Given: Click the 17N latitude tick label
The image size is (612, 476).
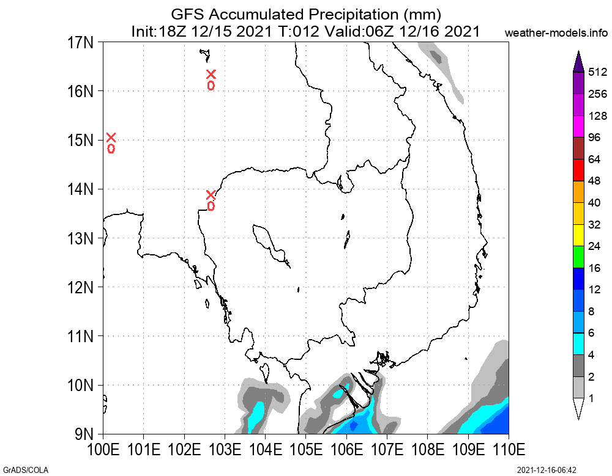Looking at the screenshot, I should (80, 43).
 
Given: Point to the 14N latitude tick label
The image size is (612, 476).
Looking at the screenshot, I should (80, 189).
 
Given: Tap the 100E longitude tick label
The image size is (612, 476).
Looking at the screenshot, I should (103, 450).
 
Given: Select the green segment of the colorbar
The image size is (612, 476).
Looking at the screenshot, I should (578, 257).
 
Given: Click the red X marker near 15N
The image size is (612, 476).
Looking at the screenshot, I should (111, 137).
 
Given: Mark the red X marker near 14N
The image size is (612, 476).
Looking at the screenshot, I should (211, 195).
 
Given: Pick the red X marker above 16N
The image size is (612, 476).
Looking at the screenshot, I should (211, 75).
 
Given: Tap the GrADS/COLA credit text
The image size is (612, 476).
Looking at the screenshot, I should (24, 470).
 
